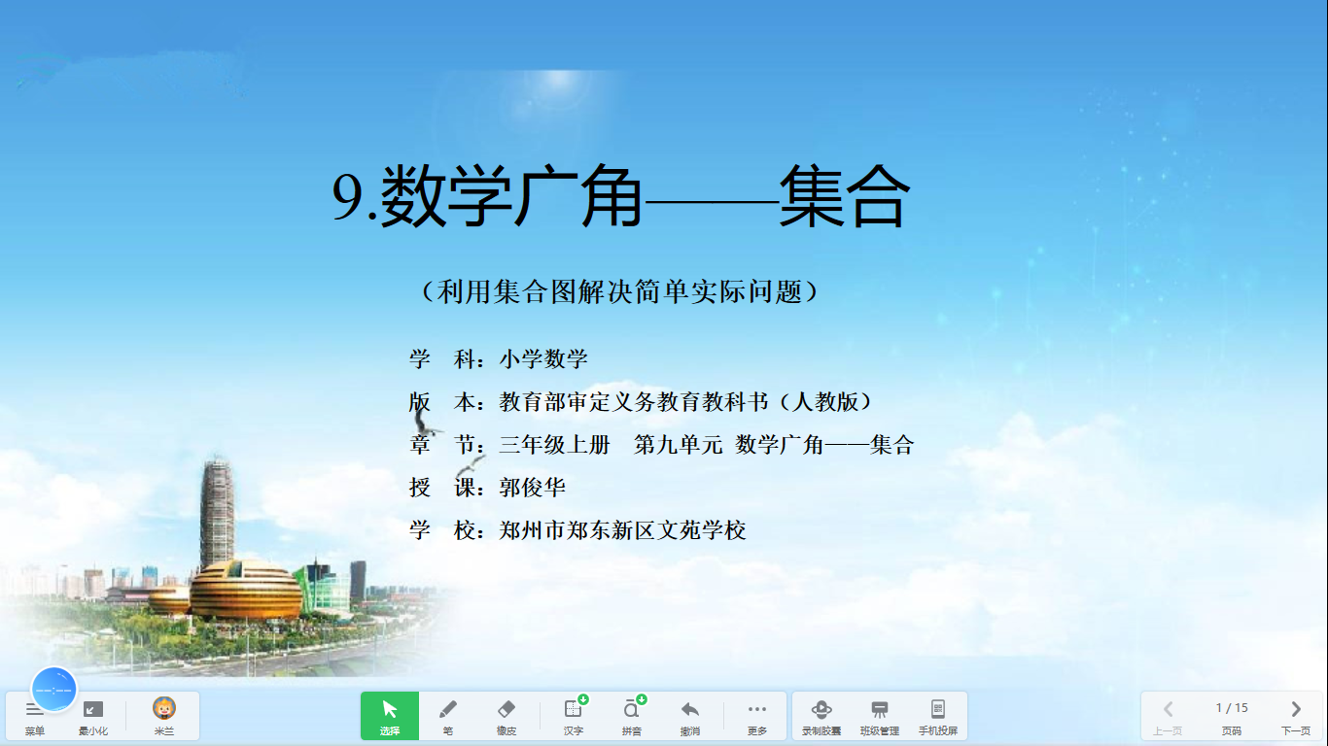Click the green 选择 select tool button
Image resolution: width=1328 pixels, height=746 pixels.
click(390, 716)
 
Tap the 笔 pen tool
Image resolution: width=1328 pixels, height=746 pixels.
click(447, 710)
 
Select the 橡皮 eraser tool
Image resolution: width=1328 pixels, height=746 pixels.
click(507, 710)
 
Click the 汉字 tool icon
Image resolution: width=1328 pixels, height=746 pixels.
click(574, 709)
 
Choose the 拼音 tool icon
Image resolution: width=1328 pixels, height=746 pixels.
click(632, 709)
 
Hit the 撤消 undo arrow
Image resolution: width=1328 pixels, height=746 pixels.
click(690, 709)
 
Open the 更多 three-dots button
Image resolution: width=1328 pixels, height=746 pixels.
click(757, 709)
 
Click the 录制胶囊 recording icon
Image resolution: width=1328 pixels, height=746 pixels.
click(821, 709)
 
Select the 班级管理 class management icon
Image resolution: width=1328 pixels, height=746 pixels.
click(879, 709)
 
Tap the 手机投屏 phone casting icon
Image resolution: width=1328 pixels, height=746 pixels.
click(938, 709)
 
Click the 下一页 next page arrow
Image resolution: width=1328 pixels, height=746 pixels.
click(1296, 709)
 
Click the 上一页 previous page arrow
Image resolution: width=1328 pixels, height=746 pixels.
click(1168, 709)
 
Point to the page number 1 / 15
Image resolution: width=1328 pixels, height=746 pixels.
click(1232, 708)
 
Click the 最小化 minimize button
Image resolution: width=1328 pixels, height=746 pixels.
click(93, 710)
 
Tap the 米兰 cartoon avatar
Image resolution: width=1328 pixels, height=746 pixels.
click(164, 709)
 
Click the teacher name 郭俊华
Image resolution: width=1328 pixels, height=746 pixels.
click(533, 488)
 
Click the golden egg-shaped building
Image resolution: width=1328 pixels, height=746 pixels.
click(245, 591)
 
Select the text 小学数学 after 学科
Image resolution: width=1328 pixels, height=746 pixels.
click(543, 359)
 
